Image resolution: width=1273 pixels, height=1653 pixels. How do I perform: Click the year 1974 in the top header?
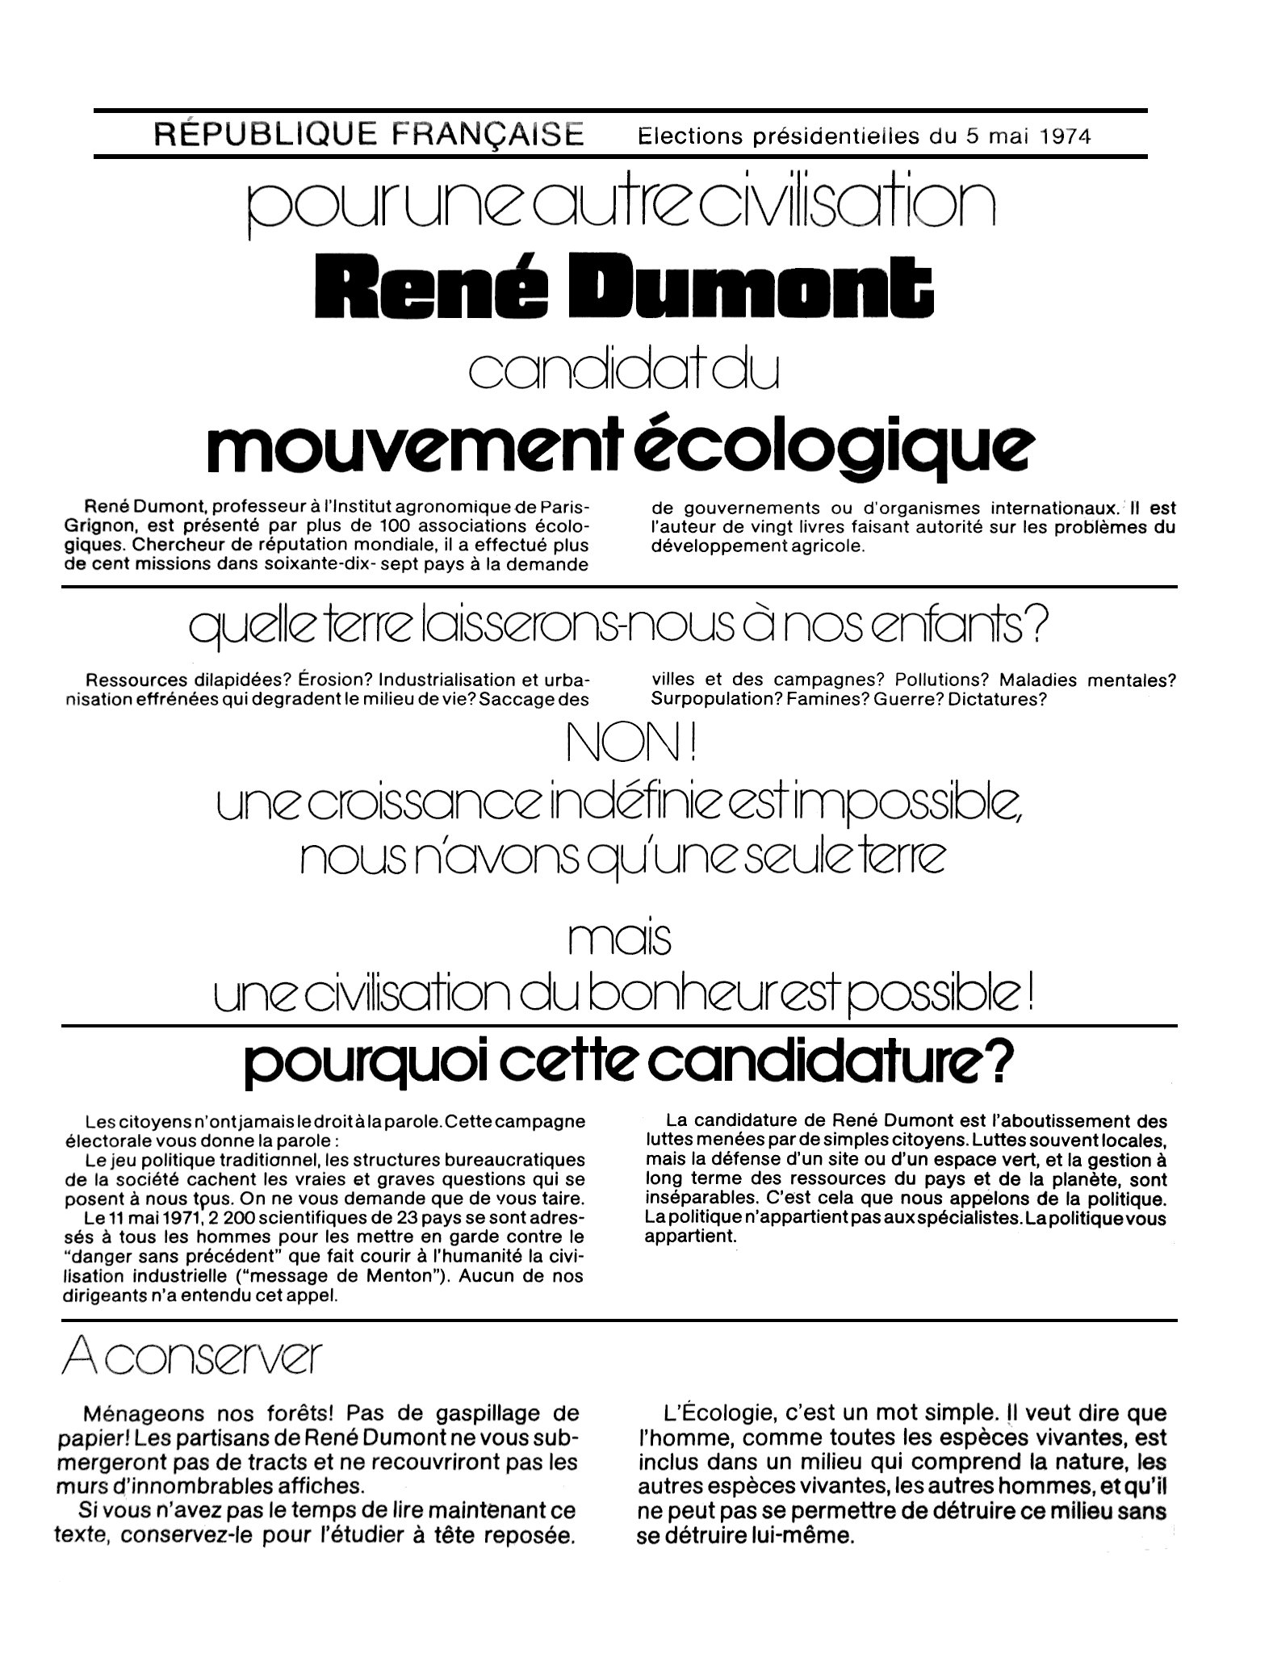click(1060, 136)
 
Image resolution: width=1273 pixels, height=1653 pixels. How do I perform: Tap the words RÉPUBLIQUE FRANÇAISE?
click(369, 134)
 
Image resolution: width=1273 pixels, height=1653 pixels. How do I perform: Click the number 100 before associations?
click(383, 526)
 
